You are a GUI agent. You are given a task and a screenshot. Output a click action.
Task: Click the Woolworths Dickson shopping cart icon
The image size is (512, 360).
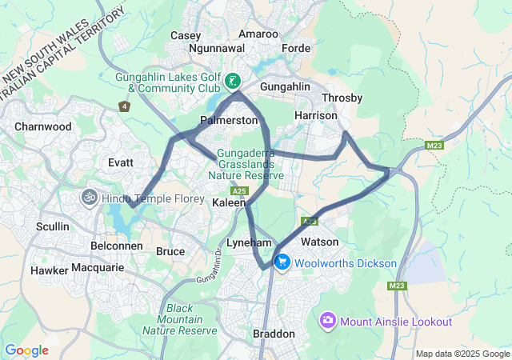click(x=282, y=262)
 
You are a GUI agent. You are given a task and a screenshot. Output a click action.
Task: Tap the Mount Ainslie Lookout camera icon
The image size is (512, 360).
click(x=327, y=322)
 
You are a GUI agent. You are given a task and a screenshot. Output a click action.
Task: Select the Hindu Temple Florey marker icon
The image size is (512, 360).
click(x=86, y=196)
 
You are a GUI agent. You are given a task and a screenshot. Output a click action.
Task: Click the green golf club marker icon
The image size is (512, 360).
click(x=231, y=80)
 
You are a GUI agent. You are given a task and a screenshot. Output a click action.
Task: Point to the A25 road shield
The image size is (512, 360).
click(x=238, y=191)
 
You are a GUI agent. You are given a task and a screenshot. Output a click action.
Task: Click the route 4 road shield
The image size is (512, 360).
click(x=124, y=106)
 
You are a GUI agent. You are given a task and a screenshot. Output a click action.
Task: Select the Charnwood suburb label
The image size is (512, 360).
click(x=42, y=126)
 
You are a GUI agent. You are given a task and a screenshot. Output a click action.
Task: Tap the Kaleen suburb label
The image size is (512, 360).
click(x=229, y=204)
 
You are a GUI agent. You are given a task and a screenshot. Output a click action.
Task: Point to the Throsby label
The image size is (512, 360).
click(x=342, y=98)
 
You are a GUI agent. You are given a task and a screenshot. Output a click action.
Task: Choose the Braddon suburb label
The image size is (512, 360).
click(x=274, y=334)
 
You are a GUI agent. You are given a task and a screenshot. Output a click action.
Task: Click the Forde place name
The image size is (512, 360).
click(x=296, y=48)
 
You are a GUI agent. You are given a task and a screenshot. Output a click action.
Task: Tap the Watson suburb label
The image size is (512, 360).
click(x=319, y=242)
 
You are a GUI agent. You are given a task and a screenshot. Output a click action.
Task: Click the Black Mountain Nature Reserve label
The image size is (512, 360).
click(x=191, y=319)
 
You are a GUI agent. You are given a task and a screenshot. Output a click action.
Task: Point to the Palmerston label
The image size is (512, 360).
click(x=229, y=120)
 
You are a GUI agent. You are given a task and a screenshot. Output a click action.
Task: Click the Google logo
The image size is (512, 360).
click(x=26, y=350)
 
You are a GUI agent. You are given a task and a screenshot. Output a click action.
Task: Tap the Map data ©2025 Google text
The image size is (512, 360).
click(x=462, y=354)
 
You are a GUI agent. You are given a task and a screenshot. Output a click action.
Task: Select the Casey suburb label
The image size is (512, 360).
click(x=186, y=35)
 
